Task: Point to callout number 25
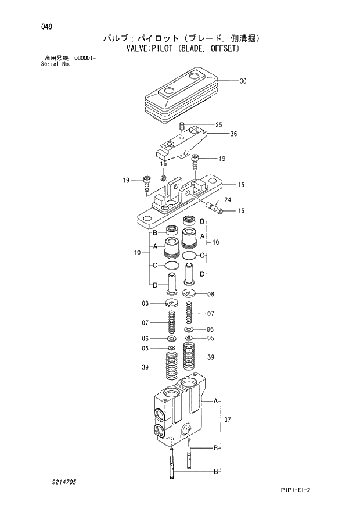(218, 125)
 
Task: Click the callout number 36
(233, 134)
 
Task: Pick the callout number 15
(240, 185)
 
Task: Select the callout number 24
(228, 200)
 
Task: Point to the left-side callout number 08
(145, 303)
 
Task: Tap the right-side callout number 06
(210, 329)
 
